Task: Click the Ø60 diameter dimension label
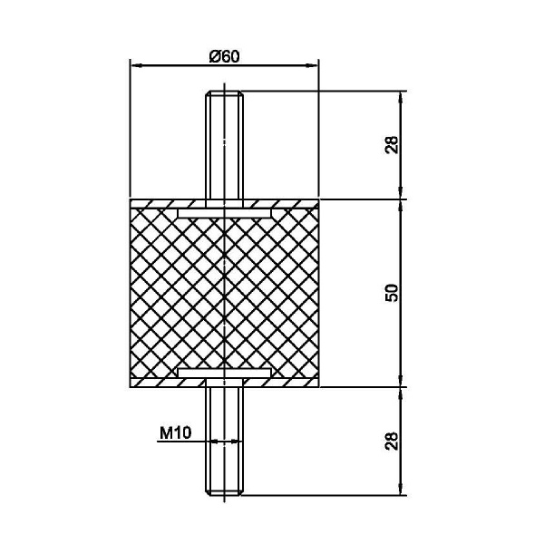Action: [225, 56]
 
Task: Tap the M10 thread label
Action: [175, 433]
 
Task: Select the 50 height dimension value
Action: [392, 293]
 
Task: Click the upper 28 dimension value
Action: [392, 145]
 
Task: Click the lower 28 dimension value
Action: [392, 441]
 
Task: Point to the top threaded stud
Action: [225, 145]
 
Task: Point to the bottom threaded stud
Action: [225, 441]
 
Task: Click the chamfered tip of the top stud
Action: [225, 93]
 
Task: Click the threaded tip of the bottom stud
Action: [225, 492]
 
